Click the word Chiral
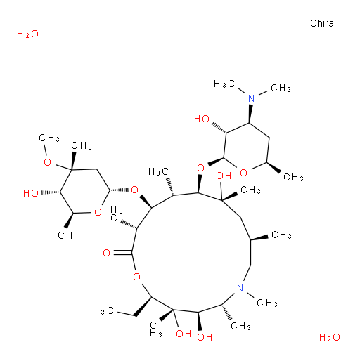point(323,23)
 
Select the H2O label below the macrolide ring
point(330,337)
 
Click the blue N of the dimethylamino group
point(251,98)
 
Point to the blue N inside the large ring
point(240,288)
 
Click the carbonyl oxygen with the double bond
point(106,253)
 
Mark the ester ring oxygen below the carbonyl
point(136,277)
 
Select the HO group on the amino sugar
point(202,119)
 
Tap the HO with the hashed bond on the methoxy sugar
point(31,193)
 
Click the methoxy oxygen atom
point(48,162)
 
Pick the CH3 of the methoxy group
point(49,138)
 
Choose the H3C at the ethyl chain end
point(103,310)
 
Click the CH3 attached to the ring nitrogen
point(267,303)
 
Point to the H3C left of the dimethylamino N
point(224,84)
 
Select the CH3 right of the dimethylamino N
point(281,88)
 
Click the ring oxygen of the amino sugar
point(243,173)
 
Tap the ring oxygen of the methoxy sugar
point(98,212)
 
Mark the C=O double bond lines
point(123,253)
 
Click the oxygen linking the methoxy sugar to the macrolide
point(134,190)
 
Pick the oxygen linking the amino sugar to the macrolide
point(200,168)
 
